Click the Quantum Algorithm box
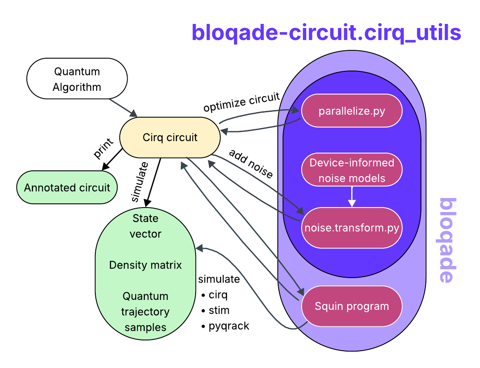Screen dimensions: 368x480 pyautogui.click(x=77, y=79)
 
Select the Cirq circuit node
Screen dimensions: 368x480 pyautogui.click(x=170, y=137)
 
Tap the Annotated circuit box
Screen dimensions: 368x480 pyautogui.click(x=67, y=188)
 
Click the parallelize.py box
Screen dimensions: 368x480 pyautogui.click(x=352, y=111)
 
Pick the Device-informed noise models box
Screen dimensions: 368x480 pyautogui.click(x=352, y=170)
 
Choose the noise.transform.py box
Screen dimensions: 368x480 pyautogui.click(x=352, y=228)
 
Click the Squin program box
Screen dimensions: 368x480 pyautogui.click(x=352, y=306)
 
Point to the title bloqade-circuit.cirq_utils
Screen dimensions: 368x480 pyautogui.click(x=326, y=33)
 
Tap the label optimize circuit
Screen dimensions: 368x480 pyautogui.click(x=241, y=102)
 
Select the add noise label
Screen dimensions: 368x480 pyautogui.click(x=251, y=164)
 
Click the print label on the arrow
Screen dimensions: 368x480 pyautogui.click(x=103, y=149)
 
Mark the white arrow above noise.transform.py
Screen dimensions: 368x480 pyautogui.click(x=351, y=197)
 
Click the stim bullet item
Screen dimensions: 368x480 pyautogui.click(x=219, y=310)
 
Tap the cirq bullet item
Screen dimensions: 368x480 pyautogui.click(x=218, y=295)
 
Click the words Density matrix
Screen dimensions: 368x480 pyautogui.click(x=145, y=265)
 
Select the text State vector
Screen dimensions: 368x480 pyautogui.click(x=145, y=226)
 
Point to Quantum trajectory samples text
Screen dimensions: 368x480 pyautogui.click(x=145, y=311)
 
